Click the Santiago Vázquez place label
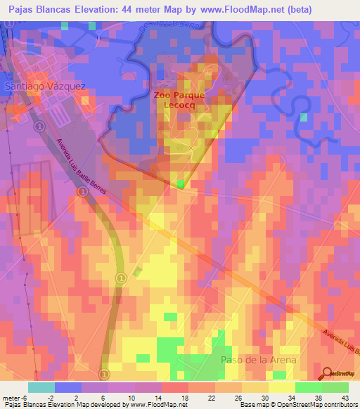45,86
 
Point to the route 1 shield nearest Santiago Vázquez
40,126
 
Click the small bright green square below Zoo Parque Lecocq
181,183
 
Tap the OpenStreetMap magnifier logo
328,372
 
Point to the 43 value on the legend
345,397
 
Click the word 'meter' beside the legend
11,397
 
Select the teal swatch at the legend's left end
41,387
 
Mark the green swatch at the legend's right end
335,387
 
